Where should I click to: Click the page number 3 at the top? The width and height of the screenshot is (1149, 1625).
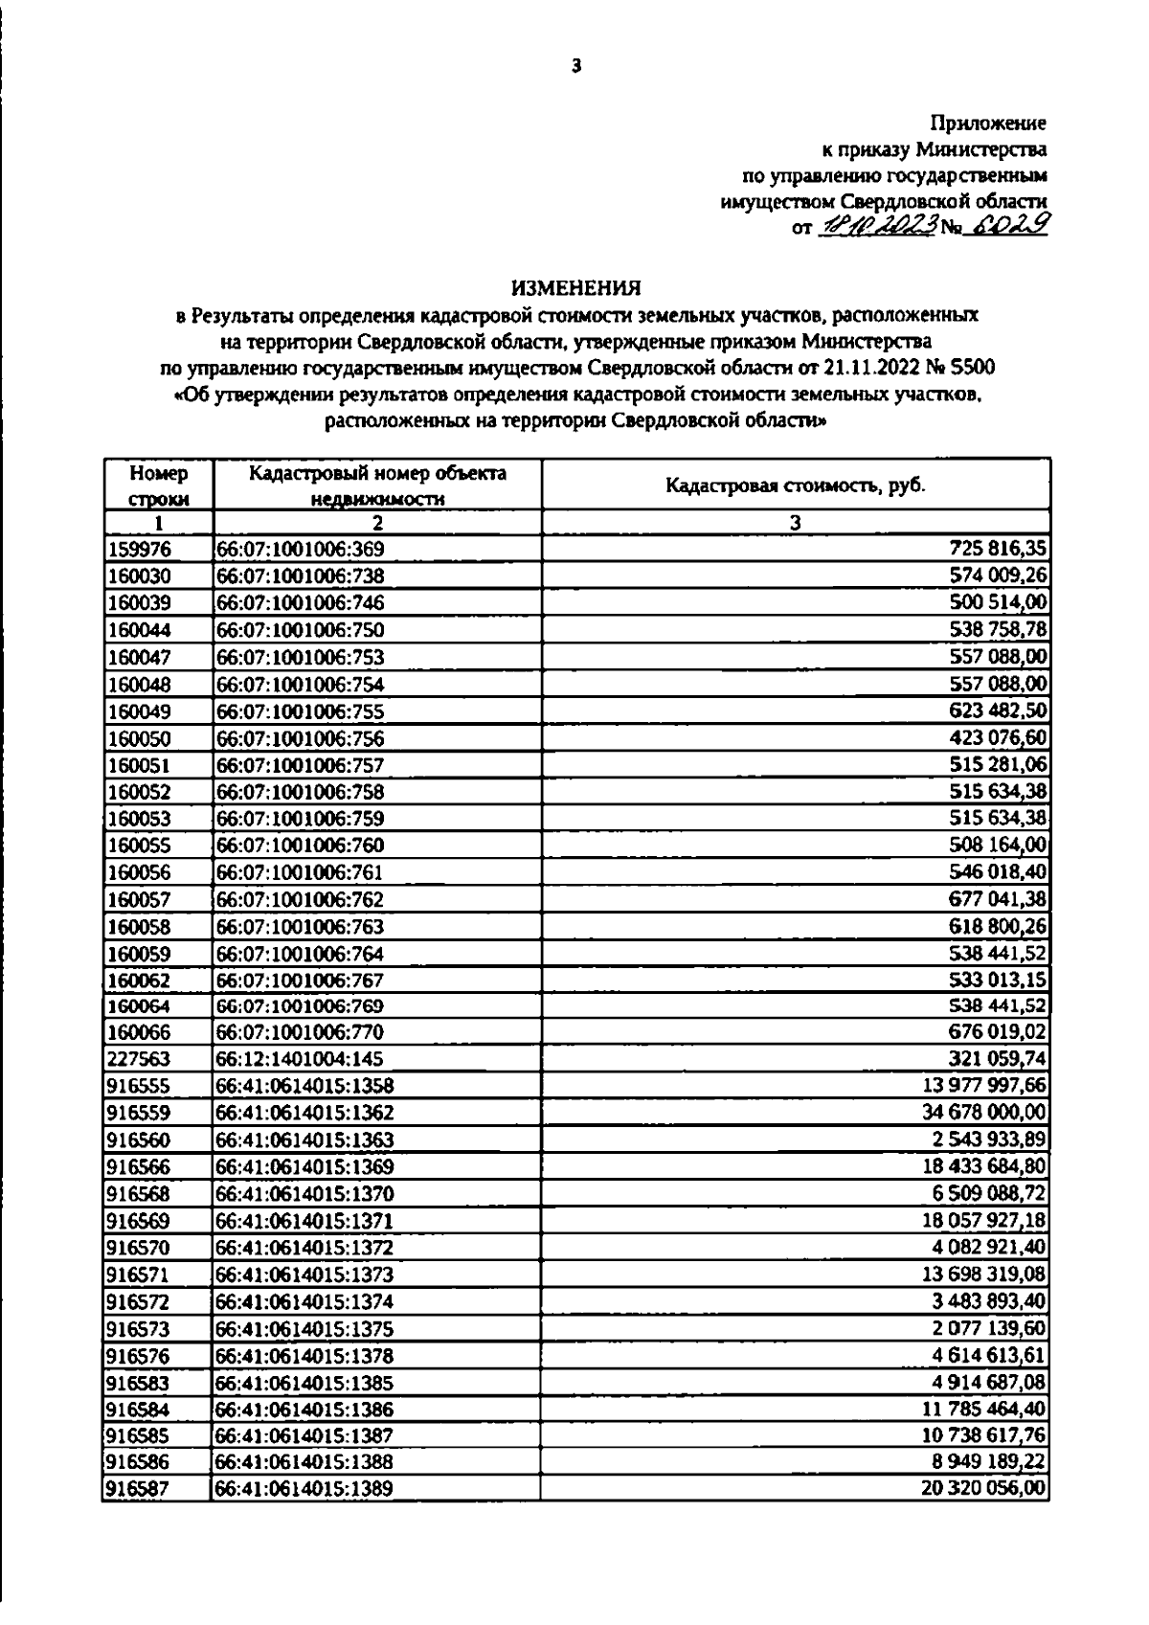pos(575,66)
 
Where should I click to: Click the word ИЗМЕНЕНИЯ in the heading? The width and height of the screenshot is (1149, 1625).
pos(574,286)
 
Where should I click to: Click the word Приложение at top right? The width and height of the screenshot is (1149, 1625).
pos(988,123)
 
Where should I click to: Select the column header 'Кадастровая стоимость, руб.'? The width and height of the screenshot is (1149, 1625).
pos(796,485)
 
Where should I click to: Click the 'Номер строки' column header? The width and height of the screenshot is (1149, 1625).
pos(159,485)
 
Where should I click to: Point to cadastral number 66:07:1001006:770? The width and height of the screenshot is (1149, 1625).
pos(300,1032)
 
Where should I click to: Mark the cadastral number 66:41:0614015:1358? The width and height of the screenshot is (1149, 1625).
pos(304,1086)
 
